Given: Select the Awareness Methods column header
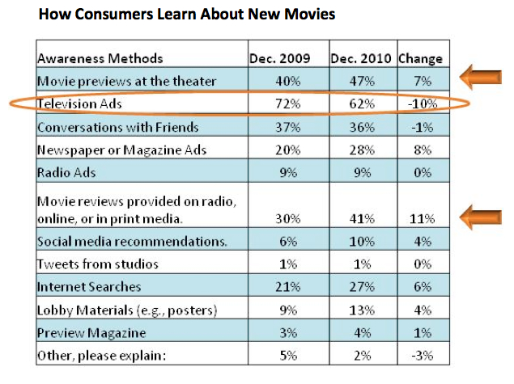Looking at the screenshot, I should tap(100, 58).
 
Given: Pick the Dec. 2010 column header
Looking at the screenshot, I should tap(361, 58).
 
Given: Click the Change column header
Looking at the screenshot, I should tap(421, 58).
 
